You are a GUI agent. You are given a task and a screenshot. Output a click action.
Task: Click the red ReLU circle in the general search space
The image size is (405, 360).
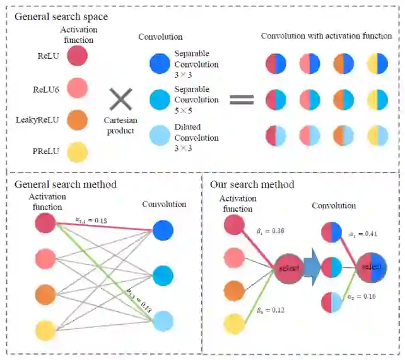(x=76, y=56)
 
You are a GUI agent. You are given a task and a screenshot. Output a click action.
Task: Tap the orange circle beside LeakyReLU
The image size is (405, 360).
(x=76, y=120)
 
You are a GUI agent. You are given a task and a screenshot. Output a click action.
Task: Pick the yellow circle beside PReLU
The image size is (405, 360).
(x=76, y=152)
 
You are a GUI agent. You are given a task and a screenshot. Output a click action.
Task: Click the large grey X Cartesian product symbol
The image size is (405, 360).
(x=120, y=99)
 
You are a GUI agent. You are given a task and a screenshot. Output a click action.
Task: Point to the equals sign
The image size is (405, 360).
(x=240, y=99)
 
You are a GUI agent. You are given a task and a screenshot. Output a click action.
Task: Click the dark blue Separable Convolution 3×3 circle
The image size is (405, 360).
(x=160, y=64)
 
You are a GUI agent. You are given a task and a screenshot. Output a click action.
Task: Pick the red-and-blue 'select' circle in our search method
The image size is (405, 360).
(x=371, y=268)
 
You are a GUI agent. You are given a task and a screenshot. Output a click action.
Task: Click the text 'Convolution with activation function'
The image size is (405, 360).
(x=326, y=36)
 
